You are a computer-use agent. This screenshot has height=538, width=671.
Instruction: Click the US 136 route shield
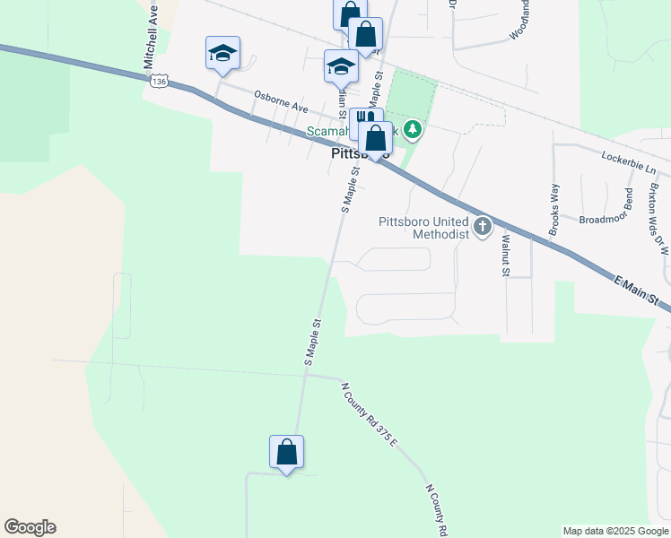click(159, 82)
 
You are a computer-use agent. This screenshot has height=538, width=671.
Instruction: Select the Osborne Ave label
click(280, 100)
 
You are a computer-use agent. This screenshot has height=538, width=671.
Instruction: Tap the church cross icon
click(483, 226)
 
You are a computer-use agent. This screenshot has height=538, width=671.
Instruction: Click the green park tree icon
click(413, 130)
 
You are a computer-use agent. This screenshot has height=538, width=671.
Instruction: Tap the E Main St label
click(638, 291)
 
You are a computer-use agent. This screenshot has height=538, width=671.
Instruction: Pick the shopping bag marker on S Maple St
click(286, 452)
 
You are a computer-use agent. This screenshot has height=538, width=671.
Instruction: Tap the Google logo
click(30, 527)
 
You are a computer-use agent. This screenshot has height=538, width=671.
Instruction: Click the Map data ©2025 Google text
click(615, 531)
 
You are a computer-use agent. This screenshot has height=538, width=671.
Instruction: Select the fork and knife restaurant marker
click(364, 119)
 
